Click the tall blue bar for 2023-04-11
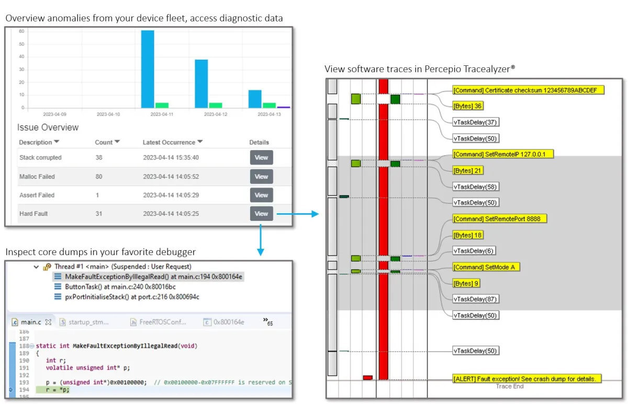[148, 69]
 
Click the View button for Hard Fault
[261, 214]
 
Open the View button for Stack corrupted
[261, 157]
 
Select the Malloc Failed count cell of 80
[99, 177]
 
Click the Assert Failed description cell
[37, 195]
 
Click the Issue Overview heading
[48, 128]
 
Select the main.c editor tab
[30, 322]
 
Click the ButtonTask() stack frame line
[120, 287]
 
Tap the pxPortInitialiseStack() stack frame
[132, 297]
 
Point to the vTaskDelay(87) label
[475, 299]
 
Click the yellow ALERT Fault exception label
[527, 378]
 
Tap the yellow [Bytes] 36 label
[468, 106]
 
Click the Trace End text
[510, 386]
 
